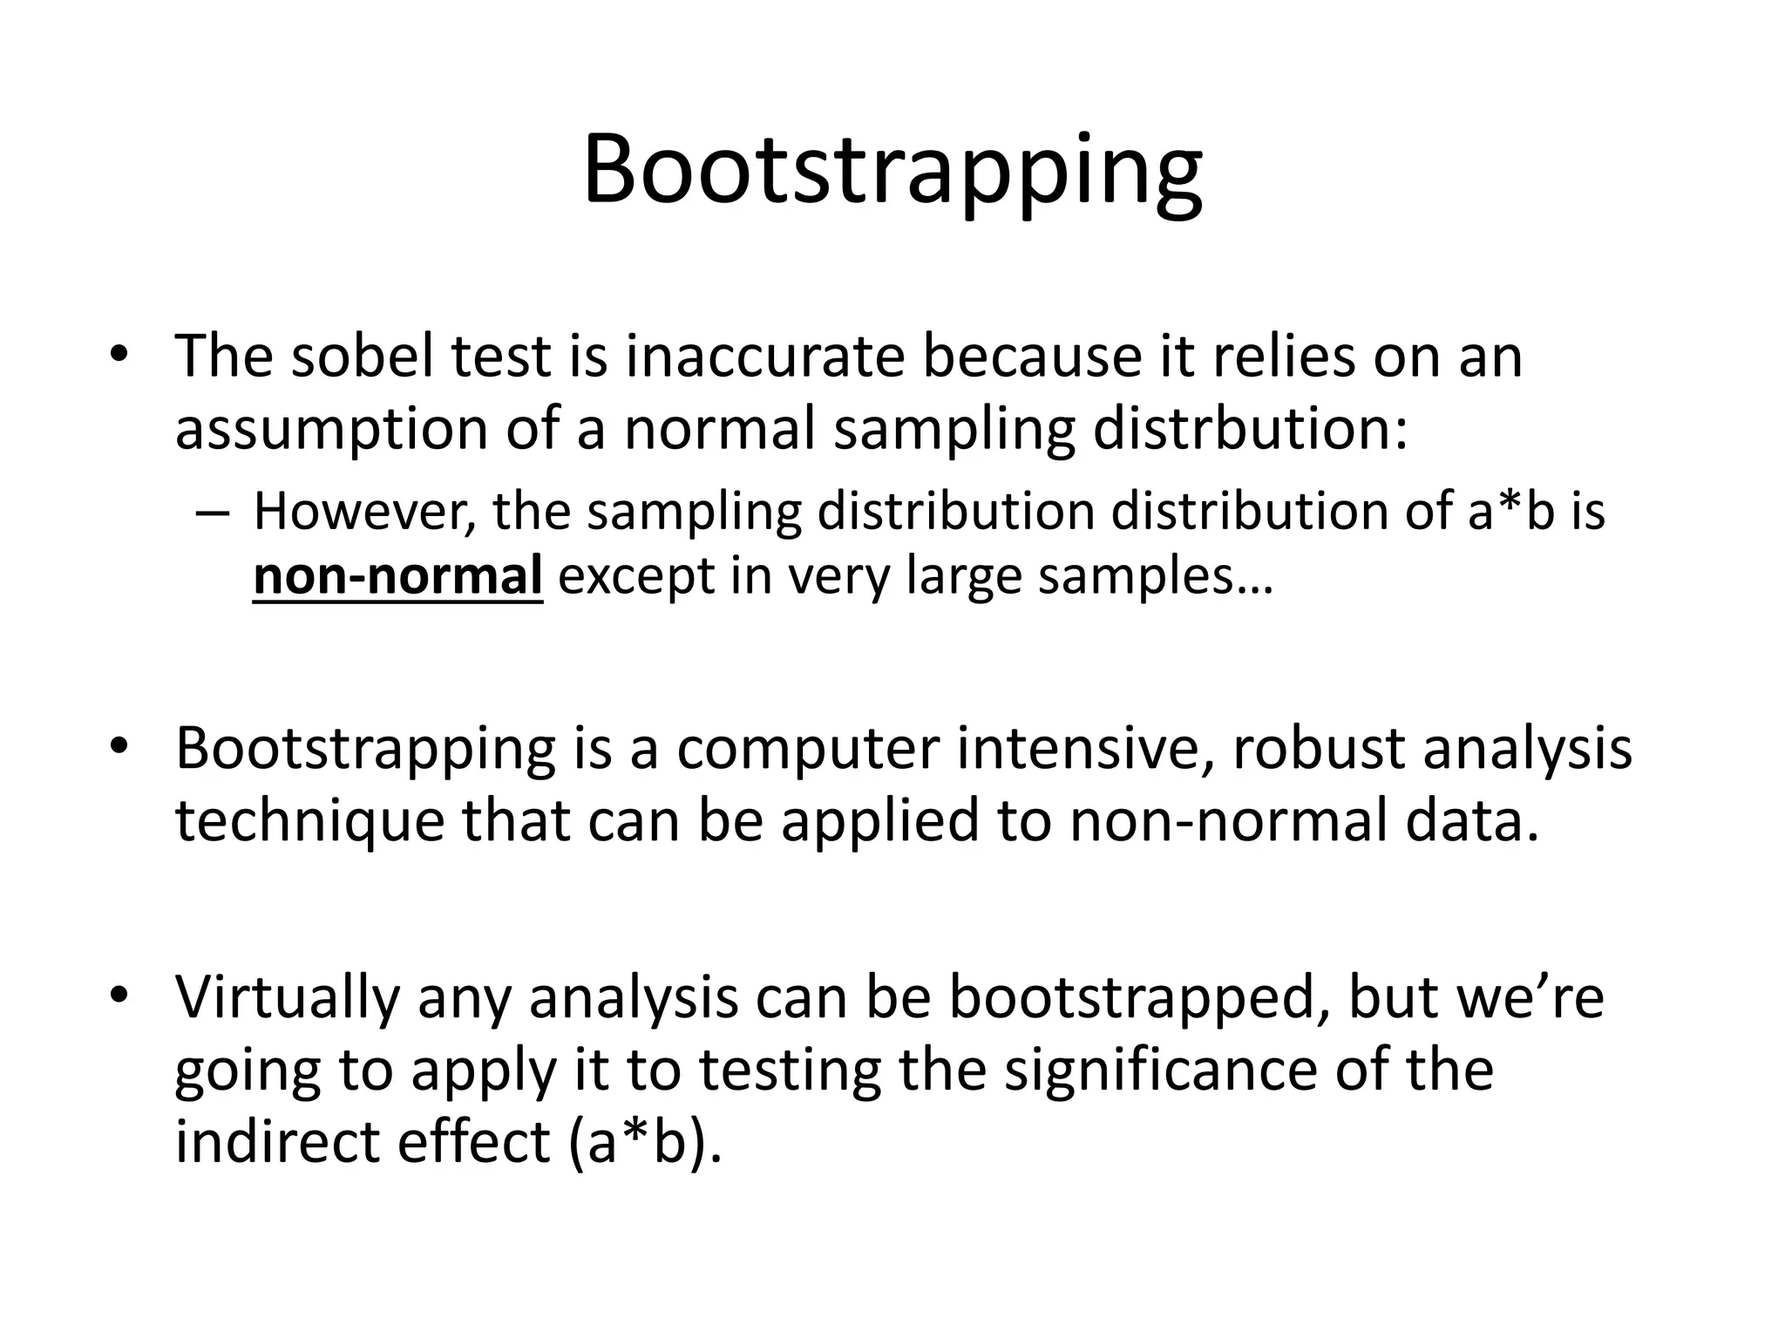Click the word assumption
click(331, 431)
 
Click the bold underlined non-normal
click(397, 576)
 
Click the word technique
click(309, 822)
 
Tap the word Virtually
click(288, 997)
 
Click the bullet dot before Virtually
click(119, 995)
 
